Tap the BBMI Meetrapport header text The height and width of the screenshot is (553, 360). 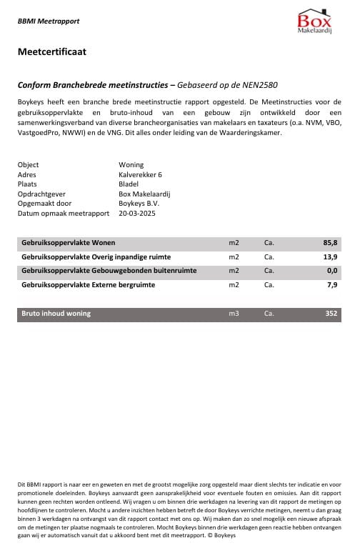[48, 22]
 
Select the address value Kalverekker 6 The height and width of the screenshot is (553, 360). [141, 174]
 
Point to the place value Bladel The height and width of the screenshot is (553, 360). [129, 184]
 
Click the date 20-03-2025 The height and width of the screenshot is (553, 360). [137, 213]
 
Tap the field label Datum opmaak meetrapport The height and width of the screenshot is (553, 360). [59, 213]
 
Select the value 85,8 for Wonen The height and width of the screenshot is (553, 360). [330, 243]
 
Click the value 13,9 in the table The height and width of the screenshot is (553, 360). [330, 256]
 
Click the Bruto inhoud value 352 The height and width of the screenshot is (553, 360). [331, 313]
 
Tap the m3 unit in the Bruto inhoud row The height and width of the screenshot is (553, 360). [234, 313]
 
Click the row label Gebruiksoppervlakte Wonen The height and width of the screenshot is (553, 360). [69, 243]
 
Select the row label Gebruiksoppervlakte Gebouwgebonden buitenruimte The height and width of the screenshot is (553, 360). [109, 271]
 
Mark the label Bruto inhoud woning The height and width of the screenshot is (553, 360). [56, 313]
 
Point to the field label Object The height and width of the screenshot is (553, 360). [28, 165]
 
